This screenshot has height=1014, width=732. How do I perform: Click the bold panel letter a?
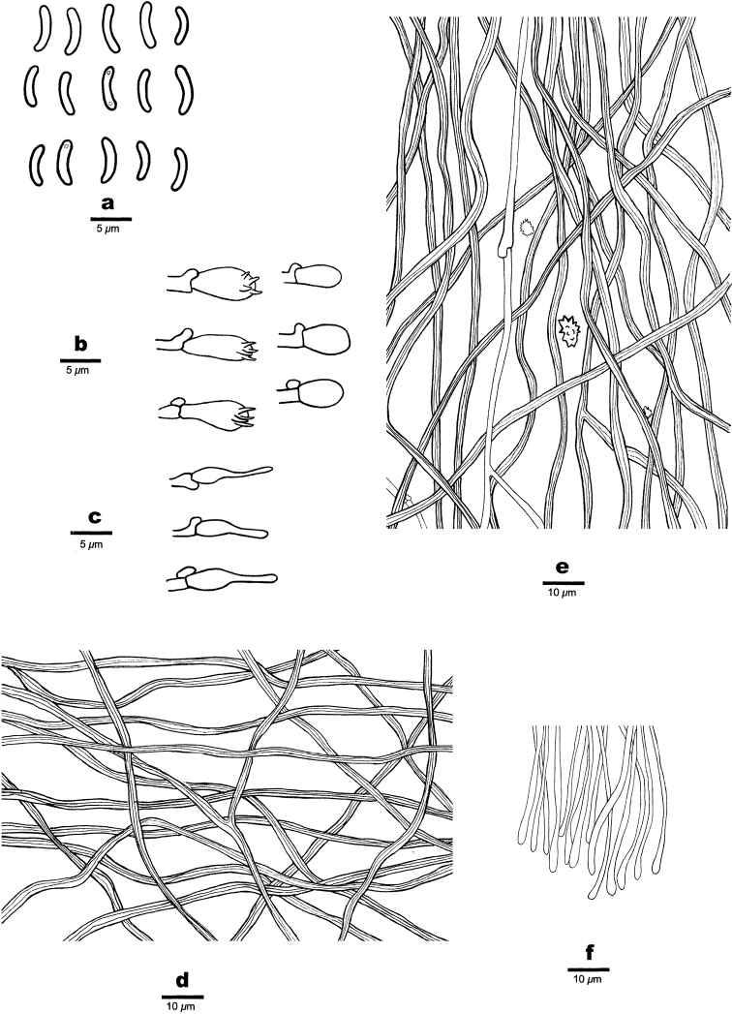pyautogui.click(x=108, y=203)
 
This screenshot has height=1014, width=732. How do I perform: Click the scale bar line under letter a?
pyautogui.click(x=110, y=219)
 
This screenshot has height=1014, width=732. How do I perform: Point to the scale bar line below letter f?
pyautogui.click(x=588, y=968)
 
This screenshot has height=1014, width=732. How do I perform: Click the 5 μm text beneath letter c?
pyautogui.click(x=92, y=545)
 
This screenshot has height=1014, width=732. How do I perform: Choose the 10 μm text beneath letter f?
pyautogui.click(x=588, y=981)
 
